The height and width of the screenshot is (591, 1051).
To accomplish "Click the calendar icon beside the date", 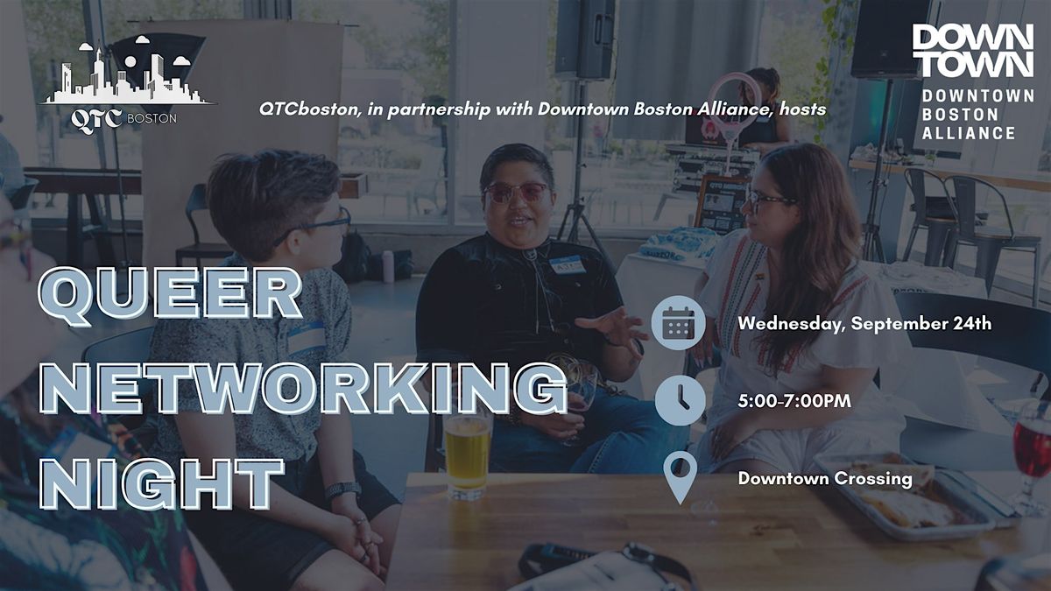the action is pyautogui.click(x=678, y=323).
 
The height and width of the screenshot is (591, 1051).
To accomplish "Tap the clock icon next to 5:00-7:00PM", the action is pyautogui.click(x=680, y=400).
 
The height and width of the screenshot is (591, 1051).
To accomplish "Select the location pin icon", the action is pyautogui.click(x=681, y=477).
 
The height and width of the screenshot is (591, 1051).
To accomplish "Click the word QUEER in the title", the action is pyautogui.click(x=169, y=297).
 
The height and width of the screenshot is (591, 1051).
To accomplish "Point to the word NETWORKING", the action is pyautogui.click(x=303, y=389).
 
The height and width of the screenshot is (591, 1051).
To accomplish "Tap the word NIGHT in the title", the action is pyautogui.click(x=162, y=484).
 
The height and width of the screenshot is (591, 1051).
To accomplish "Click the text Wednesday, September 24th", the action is pyautogui.click(x=864, y=323).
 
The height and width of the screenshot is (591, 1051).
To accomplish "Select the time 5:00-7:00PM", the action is pyautogui.click(x=794, y=401).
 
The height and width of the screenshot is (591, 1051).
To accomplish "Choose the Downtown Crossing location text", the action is pyautogui.click(x=825, y=479).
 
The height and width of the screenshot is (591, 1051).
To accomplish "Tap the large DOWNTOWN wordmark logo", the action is pyautogui.click(x=973, y=51).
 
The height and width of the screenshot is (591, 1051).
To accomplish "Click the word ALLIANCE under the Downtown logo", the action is pyautogui.click(x=969, y=133).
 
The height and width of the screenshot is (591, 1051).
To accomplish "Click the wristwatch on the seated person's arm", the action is pyautogui.click(x=342, y=489).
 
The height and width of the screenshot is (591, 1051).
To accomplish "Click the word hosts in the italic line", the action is pyautogui.click(x=802, y=109).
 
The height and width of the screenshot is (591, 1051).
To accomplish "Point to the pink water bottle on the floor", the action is pyautogui.click(x=388, y=266).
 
